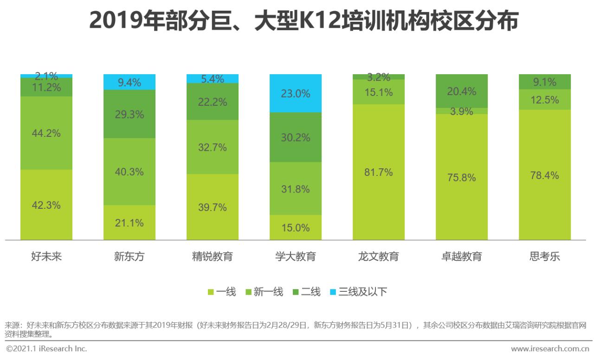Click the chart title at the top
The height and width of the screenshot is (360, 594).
point(303,21)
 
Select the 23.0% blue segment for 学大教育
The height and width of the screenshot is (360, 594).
point(296,93)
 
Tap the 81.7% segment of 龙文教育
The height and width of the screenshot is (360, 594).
point(379,172)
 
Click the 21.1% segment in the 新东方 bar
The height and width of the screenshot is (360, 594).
point(129,223)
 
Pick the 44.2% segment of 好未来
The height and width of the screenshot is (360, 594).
point(46,133)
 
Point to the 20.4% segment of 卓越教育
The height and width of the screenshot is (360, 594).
point(461,91)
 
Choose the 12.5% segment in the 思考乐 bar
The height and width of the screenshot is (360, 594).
point(544,99)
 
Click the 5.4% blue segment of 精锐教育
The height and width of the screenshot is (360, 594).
point(213,79)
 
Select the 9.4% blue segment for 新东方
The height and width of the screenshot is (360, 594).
point(129,82)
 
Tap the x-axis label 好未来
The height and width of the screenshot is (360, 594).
point(46,257)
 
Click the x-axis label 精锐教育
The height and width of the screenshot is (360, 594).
point(213,257)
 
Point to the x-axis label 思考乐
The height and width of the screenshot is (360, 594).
point(544,257)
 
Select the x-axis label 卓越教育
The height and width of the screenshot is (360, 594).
point(461,257)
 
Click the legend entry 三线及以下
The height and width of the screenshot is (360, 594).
point(362,292)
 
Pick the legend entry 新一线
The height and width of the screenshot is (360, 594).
point(268,292)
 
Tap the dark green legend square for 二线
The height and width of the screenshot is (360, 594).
point(295,292)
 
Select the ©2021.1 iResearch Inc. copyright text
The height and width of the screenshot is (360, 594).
point(46,348)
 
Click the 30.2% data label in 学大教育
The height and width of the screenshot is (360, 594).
point(296,137)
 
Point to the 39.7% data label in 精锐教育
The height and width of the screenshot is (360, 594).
point(213,207)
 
